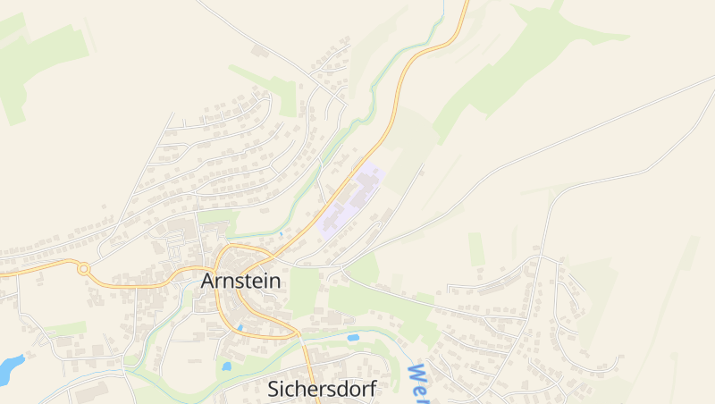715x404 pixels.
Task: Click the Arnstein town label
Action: coord(240,281)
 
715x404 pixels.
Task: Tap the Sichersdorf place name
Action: coord(322,389)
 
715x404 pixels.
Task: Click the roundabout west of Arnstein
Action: coord(84,268)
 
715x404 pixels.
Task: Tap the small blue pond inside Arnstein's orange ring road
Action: coord(240,329)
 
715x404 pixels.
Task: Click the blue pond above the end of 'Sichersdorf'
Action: coord(353,338)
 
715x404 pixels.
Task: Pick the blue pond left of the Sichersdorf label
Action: coord(226,366)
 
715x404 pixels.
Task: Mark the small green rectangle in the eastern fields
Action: coord(476,248)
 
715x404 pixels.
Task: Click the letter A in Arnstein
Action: coord(208,281)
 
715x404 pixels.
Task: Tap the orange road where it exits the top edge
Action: coord(465,3)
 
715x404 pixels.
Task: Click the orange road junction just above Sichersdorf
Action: coord(300,339)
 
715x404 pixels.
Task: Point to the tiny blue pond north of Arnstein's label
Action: coord(281,234)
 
